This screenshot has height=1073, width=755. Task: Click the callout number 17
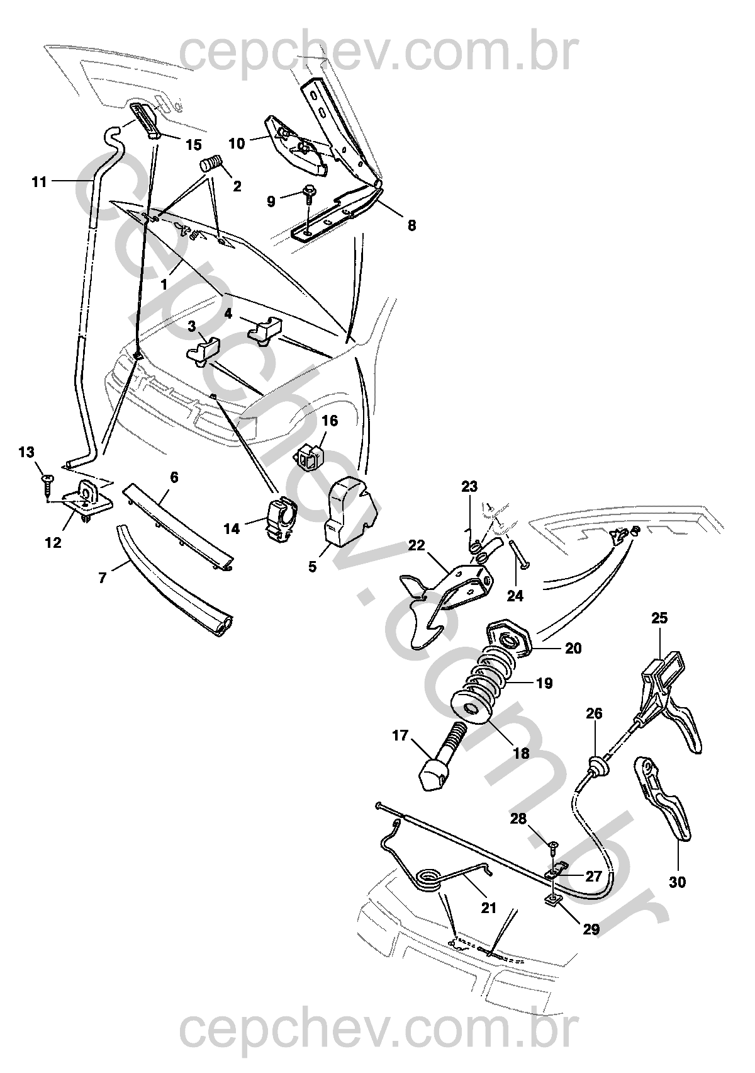point(400,735)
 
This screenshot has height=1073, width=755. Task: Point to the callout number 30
point(677,883)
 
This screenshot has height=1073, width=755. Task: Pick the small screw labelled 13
point(48,482)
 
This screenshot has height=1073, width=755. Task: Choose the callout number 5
point(312,567)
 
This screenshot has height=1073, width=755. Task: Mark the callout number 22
point(417,545)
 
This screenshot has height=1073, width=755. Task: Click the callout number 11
point(39,183)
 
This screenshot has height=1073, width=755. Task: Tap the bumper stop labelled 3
point(205,349)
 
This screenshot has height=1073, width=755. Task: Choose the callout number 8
point(411,225)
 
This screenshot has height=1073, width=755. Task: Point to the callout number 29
point(591,928)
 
